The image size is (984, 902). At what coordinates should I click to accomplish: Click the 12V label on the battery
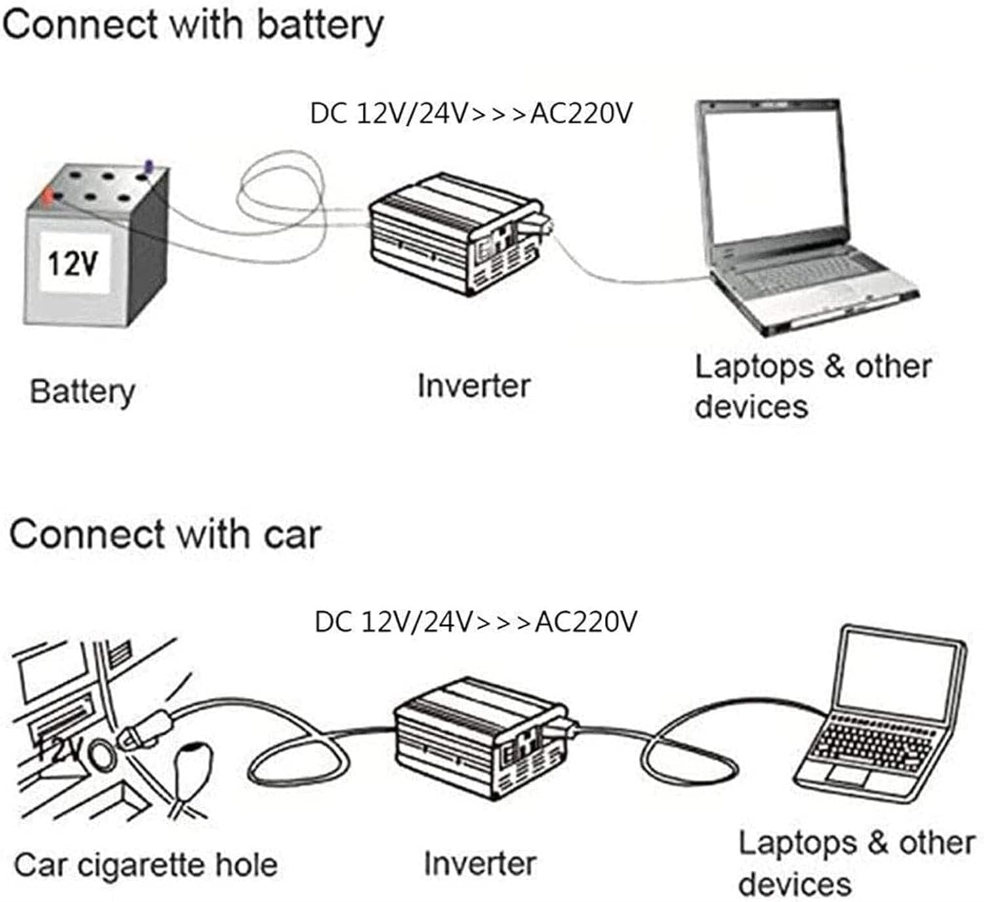(x=73, y=264)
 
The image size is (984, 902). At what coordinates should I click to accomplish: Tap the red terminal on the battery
(x=48, y=195)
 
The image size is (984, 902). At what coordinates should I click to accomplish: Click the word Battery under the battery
(x=83, y=392)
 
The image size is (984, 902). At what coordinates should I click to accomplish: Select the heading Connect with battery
(x=192, y=25)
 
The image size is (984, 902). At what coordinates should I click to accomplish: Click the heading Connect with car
(x=165, y=534)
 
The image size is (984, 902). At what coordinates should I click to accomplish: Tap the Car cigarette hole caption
(x=146, y=865)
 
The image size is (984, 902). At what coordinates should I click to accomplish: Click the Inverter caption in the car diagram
(x=480, y=863)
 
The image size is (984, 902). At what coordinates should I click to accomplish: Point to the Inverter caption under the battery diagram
(x=474, y=385)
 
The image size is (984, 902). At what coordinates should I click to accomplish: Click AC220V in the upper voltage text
(x=581, y=113)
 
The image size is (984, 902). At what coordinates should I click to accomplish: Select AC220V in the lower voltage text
(x=585, y=621)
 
